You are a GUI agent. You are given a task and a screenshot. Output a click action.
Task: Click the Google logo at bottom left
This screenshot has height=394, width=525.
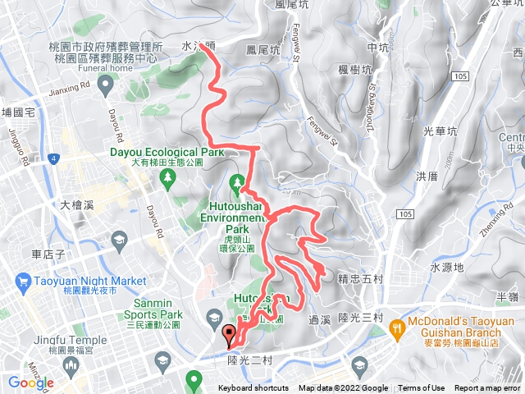pos(31,383)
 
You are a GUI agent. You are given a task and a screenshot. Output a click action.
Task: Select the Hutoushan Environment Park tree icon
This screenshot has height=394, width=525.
pos(239,181)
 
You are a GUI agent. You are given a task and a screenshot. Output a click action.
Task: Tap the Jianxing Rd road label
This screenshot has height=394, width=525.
pos(69,87)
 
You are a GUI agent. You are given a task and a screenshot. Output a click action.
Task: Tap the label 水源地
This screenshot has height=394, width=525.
pos(446,268)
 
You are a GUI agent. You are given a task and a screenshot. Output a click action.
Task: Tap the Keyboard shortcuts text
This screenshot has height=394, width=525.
pos(253,388)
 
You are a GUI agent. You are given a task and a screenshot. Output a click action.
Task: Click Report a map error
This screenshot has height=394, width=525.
pos(488,388)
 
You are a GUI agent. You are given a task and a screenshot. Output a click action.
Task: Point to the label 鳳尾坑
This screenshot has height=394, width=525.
pos(263,50)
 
